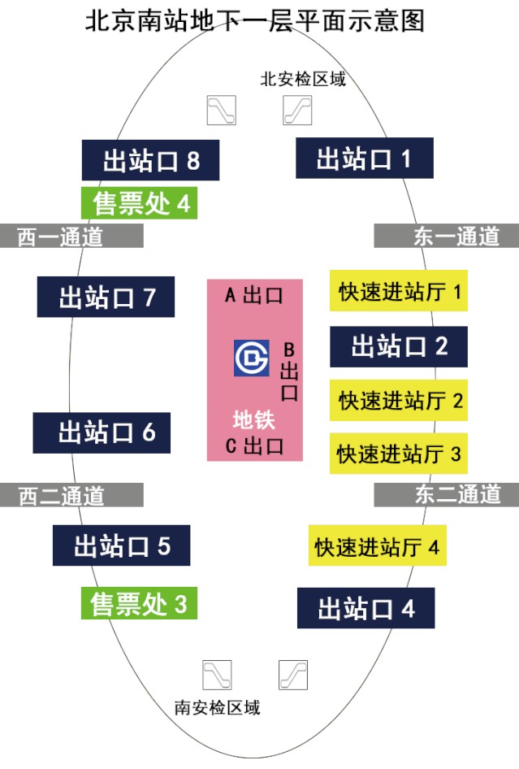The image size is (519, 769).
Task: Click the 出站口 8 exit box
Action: tap(151, 160)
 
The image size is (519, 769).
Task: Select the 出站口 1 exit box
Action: tap(364, 159)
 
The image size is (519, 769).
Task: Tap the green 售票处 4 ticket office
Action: tap(140, 202)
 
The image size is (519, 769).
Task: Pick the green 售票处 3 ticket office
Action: tap(139, 604)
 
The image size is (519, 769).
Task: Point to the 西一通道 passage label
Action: tap(71, 236)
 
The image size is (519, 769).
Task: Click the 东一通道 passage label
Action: tap(446, 236)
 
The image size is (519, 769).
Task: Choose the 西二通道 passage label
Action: tap(71, 494)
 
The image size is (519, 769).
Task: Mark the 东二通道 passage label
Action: tap(446, 493)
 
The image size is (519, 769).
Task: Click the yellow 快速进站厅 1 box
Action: tap(399, 290)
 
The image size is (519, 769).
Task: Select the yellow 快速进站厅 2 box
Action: tap(399, 399)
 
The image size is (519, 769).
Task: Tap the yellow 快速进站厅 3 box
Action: tap(399, 453)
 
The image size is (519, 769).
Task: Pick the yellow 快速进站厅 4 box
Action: tap(378, 546)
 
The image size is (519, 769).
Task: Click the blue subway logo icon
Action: tap(252, 357)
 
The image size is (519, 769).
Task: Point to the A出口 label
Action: tap(253, 295)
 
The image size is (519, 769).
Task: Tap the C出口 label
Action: tap(253, 445)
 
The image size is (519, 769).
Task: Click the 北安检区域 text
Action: tap(303, 79)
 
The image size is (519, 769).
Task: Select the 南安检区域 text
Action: tap(218, 706)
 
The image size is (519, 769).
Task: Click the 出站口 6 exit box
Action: tap(102, 432)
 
